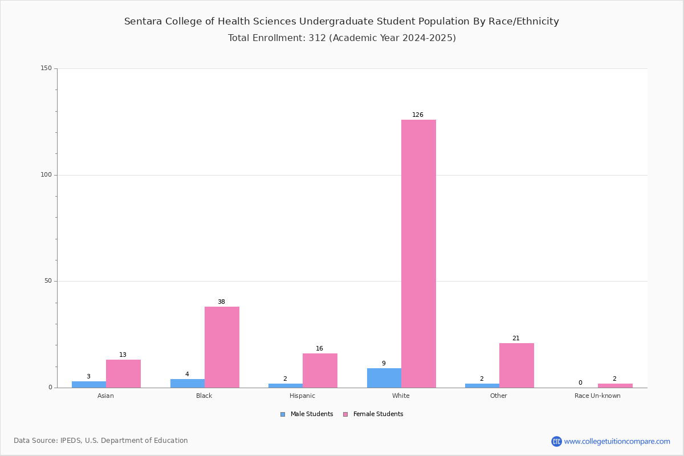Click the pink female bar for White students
point(418,254)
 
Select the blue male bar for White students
point(384,378)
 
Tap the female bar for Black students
point(222,347)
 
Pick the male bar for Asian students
point(89,385)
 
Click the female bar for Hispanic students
point(320,370)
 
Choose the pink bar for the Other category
point(516,365)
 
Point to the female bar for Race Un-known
point(615,386)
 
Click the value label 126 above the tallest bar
point(418,115)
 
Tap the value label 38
point(221,302)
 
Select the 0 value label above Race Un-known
point(580,382)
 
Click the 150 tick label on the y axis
point(46,68)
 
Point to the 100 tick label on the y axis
point(46,174)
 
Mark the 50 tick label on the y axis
point(48,280)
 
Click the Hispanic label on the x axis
point(302,396)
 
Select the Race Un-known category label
point(597,396)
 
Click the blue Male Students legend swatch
point(283,414)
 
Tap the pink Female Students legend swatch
point(345,414)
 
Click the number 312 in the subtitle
point(317,38)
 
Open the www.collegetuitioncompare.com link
point(617,441)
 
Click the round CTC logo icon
point(556,441)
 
